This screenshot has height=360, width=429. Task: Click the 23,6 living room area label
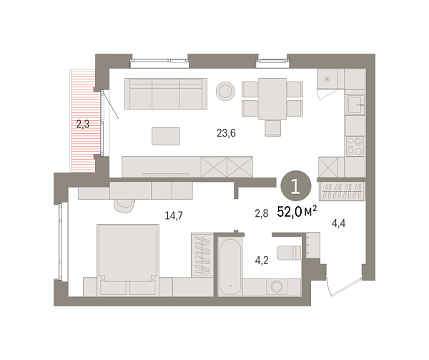[x=226, y=133]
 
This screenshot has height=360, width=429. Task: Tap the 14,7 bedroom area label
[x=174, y=215]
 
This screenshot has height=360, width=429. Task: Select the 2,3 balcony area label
[x=83, y=125]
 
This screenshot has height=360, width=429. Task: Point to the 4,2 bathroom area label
[x=262, y=261]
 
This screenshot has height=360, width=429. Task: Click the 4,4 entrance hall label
[x=339, y=224]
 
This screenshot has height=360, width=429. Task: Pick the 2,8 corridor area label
[x=262, y=213]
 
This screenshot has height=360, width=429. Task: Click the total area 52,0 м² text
[x=297, y=212]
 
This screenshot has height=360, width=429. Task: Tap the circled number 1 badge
[x=296, y=186]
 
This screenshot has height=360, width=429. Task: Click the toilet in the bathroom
[x=289, y=253]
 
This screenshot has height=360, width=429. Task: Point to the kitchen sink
[x=355, y=105]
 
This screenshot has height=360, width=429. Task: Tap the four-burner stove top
[x=355, y=147]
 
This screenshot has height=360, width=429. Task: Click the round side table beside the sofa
[x=225, y=91]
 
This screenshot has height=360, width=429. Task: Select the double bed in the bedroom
[x=128, y=260]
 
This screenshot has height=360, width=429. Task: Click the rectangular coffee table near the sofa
[x=166, y=136]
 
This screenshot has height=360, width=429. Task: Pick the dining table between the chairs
[x=272, y=99]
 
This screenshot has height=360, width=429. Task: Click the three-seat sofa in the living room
[x=166, y=94]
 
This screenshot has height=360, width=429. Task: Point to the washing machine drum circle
[x=277, y=286]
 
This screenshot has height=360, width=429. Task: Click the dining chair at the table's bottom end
[x=273, y=128]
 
